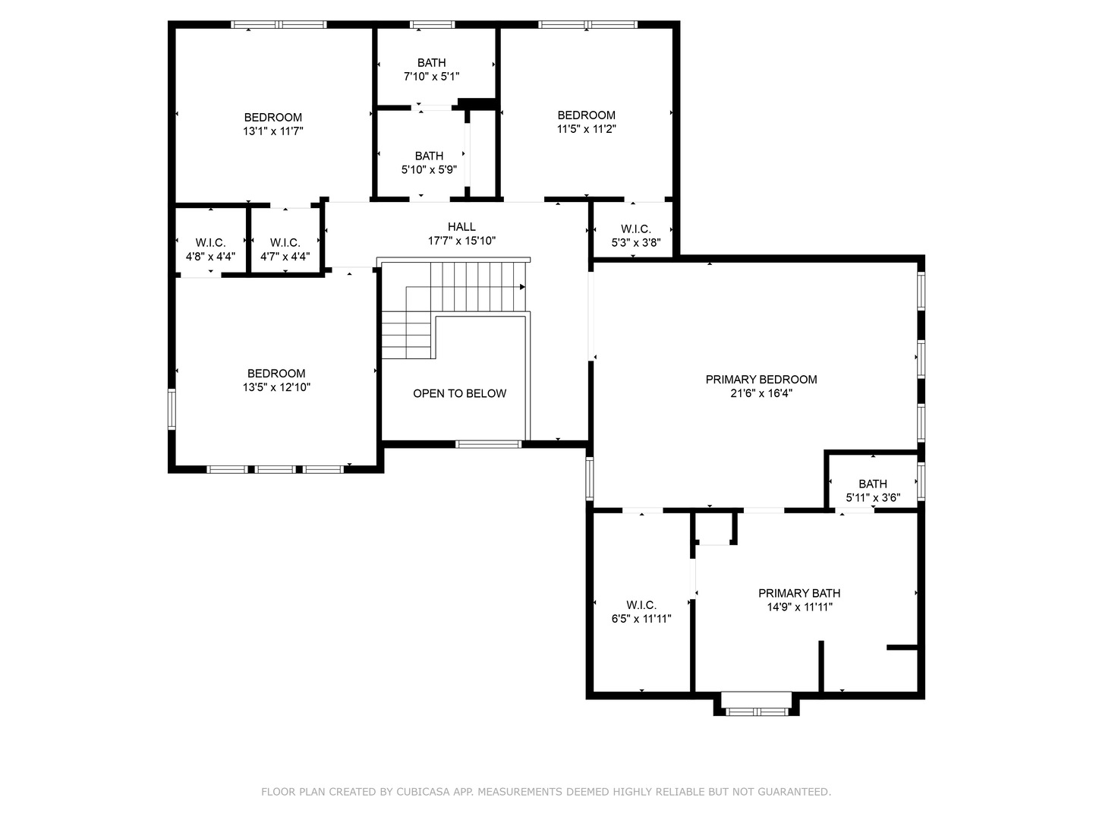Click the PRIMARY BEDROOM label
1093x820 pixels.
tap(761, 380)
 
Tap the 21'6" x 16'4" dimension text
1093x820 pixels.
tap(761, 393)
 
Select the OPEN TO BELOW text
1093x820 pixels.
tap(460, 393)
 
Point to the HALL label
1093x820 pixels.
tap(461, 227)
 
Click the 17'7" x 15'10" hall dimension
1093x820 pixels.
tap(461, 241)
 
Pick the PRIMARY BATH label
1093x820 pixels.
tap(799, 594)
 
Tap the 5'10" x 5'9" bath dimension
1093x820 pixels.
tap(430, 170)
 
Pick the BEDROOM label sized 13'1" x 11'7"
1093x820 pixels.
tap(273, 118)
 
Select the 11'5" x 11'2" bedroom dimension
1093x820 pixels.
tap(587, 129)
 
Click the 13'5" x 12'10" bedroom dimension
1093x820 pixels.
tap(276, 387)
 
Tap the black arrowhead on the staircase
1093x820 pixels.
tap(522, 287)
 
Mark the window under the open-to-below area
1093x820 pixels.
tap(489, 444)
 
